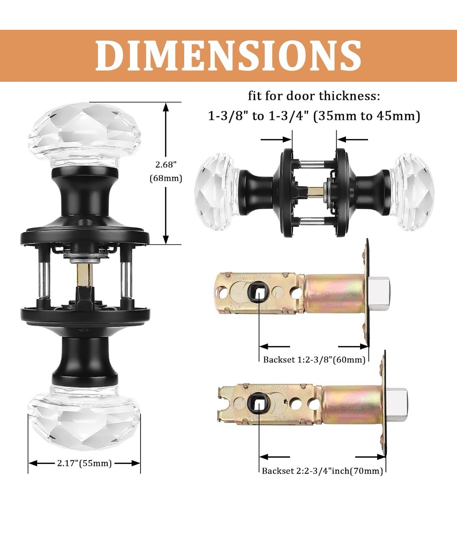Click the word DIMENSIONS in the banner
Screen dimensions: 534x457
point(228,56)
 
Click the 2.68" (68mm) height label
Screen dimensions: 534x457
point(166,171)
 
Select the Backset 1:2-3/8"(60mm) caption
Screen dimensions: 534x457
point(314,360)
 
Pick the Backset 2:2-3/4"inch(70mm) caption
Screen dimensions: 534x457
point(322,471)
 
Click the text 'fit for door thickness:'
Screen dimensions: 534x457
point(314,96)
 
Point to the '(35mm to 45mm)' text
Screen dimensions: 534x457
point(367,115)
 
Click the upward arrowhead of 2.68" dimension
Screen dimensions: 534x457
point(166,107)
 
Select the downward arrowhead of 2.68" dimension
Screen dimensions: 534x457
point(166,239)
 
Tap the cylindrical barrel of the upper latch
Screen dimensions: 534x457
point(334,293)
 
